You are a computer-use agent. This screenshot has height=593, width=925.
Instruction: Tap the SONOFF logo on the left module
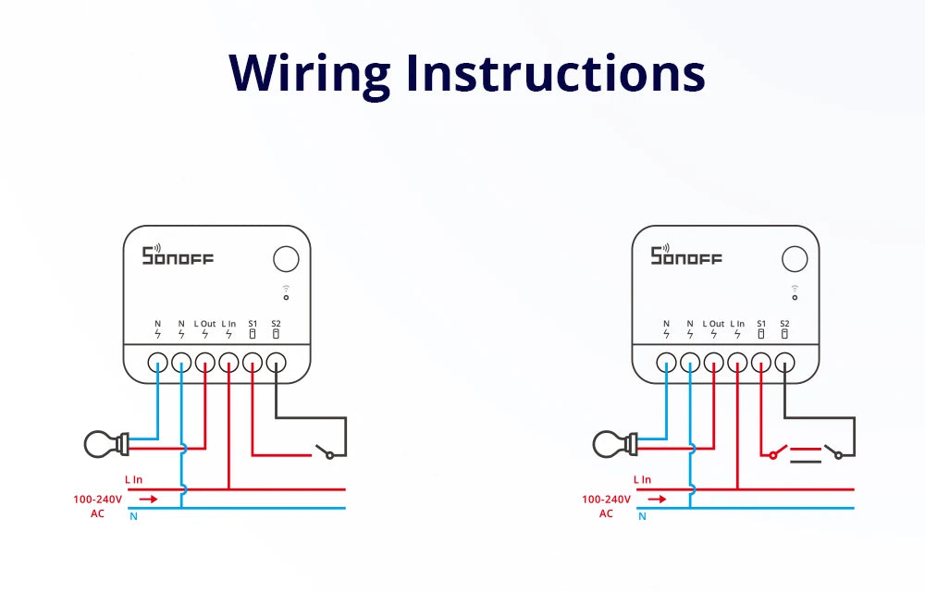pyautogui.click(x=177, y=255)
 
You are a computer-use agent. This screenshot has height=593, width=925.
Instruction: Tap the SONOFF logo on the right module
pyautogui.click(x=685, y=255)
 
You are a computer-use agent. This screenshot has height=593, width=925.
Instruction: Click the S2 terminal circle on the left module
pyautogui.click(x=277, y=363)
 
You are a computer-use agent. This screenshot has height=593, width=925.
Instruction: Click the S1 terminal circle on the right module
pyautogui.click(x=761, y=363)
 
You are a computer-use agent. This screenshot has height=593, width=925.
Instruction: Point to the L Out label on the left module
pyautogui.click(x=204, y=324)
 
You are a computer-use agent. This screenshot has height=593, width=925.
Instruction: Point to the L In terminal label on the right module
pyautogui.click(x=737, y=324)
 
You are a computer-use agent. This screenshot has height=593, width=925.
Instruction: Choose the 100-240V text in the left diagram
pyautogui.click(x=97, y=499)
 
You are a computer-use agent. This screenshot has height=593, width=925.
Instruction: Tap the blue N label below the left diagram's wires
pyautogui.click(x=133, y=516)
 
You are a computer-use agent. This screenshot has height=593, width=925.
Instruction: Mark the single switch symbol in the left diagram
pyautogui.click(x=325, y=451)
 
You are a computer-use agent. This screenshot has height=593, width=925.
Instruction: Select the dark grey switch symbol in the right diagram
pyautogui.click(x=838, y=451)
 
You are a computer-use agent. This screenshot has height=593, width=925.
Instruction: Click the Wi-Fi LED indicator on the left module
pyautogui.click(x=286, y=293)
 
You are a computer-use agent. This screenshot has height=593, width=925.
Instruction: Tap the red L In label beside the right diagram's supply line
pyautogui.click(x=642, y=479)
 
